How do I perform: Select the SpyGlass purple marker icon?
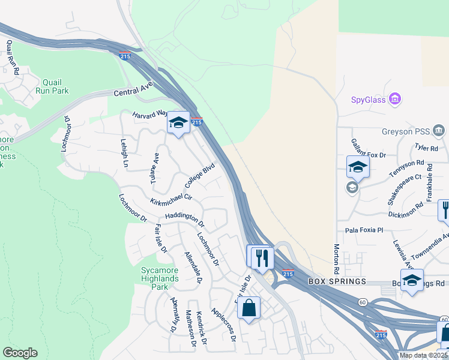pyautogui.click(x=395, y=98)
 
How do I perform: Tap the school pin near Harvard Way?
pyautogui.click(x=178, y=123)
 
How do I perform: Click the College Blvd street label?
pyautogui.click(x=199, y=176)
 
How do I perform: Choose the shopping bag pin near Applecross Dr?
pyautogui.click(x=249, y=308)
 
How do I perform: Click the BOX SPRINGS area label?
pyautogui.click(x=337, y=281)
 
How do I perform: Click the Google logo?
pyautogui.click(x=20, y=353)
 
